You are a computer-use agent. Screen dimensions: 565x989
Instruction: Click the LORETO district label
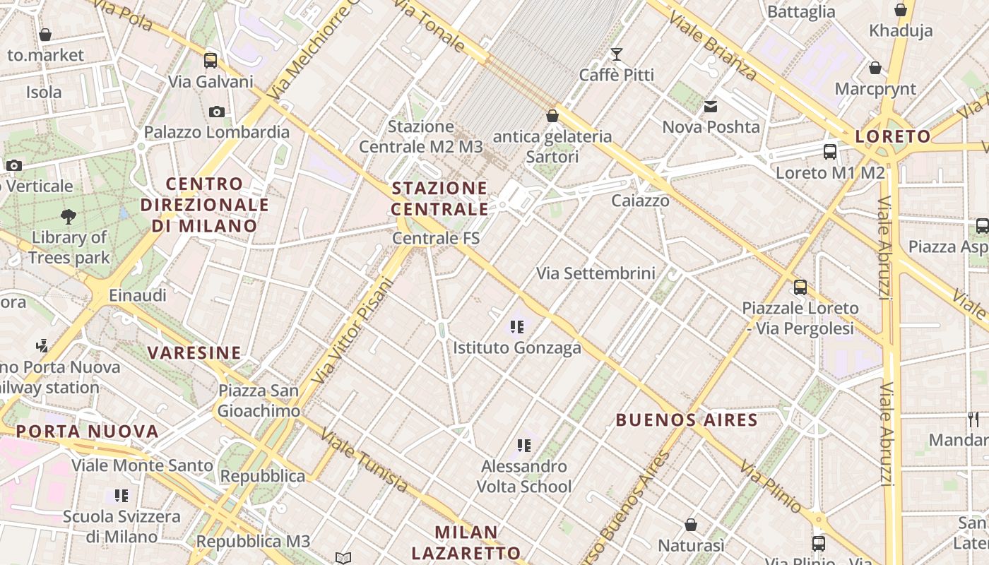click(893, 136)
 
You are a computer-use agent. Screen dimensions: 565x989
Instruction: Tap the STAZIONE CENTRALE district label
click(439, 198)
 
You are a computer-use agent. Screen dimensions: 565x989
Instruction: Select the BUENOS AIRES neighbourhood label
click(687, 420)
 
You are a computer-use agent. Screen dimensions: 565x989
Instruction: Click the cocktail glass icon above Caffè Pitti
click(617, 54)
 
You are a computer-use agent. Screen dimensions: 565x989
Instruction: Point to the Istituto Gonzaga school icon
click(517, 326)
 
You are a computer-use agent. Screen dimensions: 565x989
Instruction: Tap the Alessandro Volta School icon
click(523, 445)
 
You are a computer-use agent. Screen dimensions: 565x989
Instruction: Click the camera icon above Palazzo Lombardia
click(217, 112)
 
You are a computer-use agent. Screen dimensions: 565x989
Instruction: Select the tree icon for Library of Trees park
click(69, 216)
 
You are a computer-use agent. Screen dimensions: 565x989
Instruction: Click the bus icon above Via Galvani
click(211, 61)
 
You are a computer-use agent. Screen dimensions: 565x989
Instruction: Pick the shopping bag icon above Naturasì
click(691, 525)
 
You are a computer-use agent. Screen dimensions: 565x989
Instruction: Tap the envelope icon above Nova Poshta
click(711, 107)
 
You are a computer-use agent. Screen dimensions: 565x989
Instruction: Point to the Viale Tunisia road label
click(365, 460)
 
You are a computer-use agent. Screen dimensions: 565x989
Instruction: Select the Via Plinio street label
click(771, 487)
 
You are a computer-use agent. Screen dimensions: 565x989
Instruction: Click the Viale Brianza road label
click(713, 45)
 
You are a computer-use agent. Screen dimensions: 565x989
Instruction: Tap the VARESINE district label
click(194, 352)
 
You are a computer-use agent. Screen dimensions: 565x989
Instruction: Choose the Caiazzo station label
click(640, 201)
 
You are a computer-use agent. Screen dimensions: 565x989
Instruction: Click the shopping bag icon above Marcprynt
click(875, 68)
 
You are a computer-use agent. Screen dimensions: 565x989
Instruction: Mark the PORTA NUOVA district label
click(88, 431)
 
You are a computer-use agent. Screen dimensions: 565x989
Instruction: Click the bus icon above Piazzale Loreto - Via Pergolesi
click(800, 287)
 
